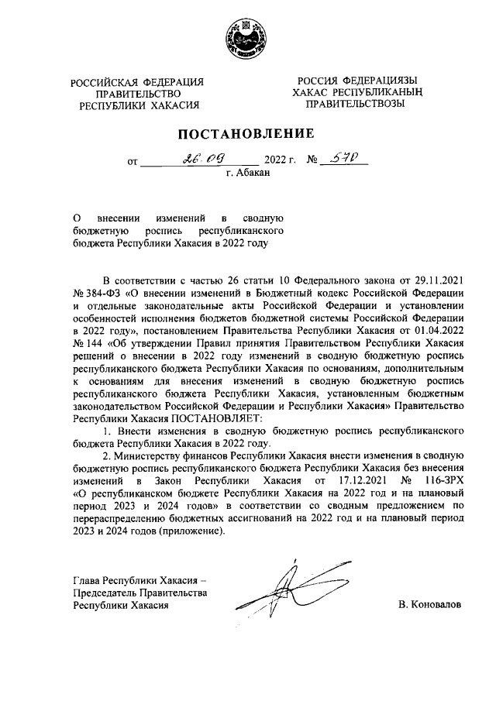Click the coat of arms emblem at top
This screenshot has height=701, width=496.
[247, 40]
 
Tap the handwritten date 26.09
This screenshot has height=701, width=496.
[198, 160]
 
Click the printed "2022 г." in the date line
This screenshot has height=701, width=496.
[281, 161]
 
